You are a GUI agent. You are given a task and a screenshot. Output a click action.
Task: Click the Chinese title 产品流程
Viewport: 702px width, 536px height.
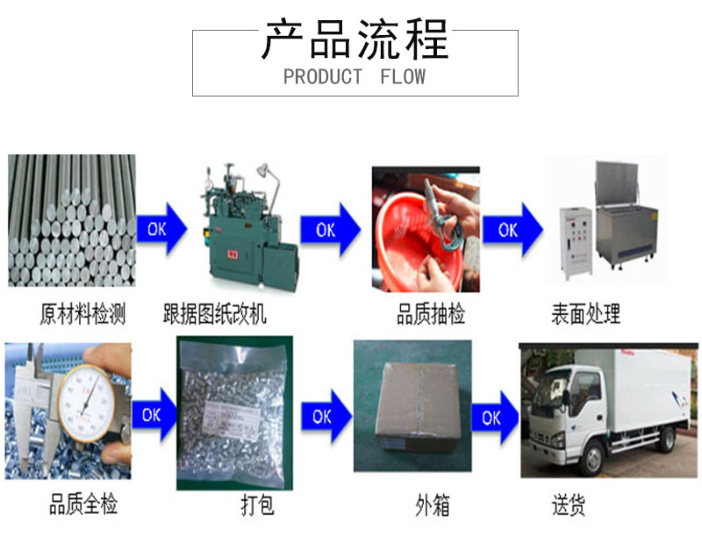(x=355, y=39)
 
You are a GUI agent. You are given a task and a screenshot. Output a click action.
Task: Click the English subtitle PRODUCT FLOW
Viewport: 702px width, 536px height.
(x=354, y=77)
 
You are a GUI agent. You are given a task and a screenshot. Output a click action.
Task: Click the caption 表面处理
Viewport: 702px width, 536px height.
(x=585, y=314)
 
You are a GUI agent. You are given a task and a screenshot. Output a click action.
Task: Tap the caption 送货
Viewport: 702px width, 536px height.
(x=569, y=505)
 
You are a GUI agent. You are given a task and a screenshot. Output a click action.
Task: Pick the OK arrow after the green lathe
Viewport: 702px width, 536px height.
(x=330, y=230)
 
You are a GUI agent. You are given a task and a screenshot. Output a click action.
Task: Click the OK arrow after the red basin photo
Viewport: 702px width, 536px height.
(x=512, y=230)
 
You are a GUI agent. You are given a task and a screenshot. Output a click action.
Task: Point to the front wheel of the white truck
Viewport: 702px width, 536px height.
(x=593, y=459)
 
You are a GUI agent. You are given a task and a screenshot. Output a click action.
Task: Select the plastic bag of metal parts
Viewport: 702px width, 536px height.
(x=233, y=412)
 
